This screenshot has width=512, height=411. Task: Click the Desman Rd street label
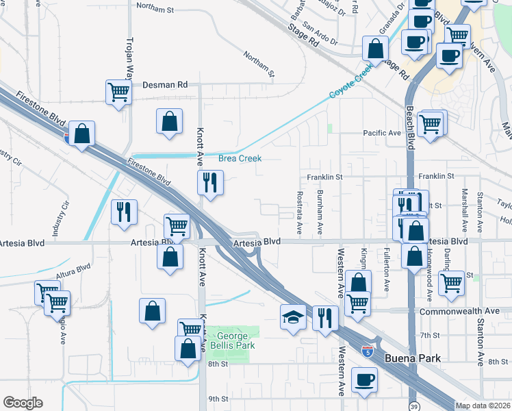[164, 85]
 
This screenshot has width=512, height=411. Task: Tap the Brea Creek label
[240, 158]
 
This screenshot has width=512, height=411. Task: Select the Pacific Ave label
[381, 133]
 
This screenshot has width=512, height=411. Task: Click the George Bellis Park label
[236, 340]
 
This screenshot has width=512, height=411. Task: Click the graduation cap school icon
[293, 316]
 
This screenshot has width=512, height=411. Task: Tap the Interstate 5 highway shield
[368, 351]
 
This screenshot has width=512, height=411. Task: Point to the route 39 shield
[413, 404]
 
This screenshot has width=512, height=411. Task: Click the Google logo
[23, 403]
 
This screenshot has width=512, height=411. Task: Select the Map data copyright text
[483, 406]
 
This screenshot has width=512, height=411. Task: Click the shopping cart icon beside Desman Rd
[118, 91]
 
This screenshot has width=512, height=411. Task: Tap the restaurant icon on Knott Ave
[210, 182]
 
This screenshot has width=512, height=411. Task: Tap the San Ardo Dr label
[320, 35]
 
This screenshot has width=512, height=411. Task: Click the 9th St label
[218, 399]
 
